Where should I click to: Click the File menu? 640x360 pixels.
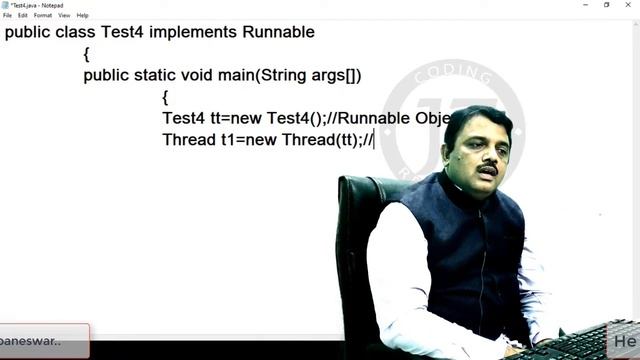tap(7, 15)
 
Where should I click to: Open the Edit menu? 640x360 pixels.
tap(22, 15)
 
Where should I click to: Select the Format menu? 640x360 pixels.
tap(42, 15)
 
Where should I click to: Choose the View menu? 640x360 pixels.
tap(64, 15)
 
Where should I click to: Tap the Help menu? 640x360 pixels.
tap(83, 15)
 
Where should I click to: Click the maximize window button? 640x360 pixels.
tap(606, 5)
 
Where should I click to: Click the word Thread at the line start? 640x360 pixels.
tap(189, 140)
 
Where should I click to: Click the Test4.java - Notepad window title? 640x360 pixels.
tap(34, 5)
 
